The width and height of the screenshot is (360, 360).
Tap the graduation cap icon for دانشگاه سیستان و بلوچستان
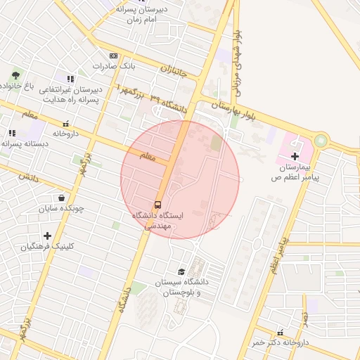click(181, 271)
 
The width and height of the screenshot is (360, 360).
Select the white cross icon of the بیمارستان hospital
click(294, 155)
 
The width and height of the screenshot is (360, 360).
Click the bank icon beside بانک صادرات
click(113, 55)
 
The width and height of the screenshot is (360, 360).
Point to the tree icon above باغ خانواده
click(16, 75)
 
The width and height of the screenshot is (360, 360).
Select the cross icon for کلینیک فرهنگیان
click(47, 236)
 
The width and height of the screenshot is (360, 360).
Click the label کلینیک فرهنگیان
click(47, 247)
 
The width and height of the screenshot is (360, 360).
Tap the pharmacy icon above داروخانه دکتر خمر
click(281, 332)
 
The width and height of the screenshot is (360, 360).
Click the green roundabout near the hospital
click(321, 141)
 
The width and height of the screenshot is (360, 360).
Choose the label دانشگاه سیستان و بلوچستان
click(181, 287)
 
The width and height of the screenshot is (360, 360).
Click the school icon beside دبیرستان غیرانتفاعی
click(69, 79)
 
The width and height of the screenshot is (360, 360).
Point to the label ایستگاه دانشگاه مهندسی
click(157, 221)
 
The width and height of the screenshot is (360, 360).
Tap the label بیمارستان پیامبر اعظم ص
click(295, 173)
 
